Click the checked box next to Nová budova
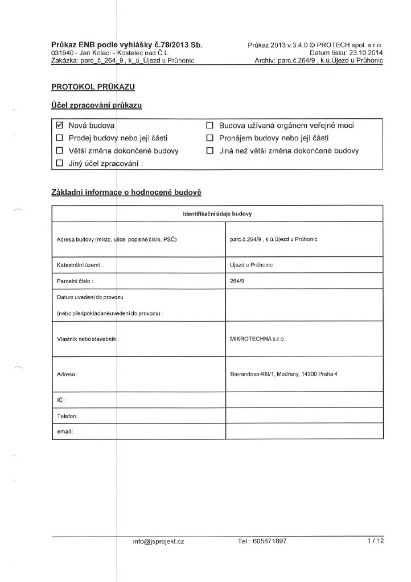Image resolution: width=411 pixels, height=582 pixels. (x=59, y=125)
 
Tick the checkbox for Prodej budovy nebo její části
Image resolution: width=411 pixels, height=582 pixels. (x=59, y=138)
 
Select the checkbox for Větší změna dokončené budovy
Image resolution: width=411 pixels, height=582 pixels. (x=59, y=151)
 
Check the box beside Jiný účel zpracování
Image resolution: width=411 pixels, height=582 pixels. (x=59, y=164)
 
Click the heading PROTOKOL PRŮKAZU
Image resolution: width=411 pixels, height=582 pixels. (x=93, y=87)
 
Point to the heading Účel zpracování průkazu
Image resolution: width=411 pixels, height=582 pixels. (x=96, y=106)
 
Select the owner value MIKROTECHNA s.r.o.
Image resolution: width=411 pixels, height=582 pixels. (x=257, y=338)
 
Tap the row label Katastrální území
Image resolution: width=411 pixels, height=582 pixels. (x=80, y=265)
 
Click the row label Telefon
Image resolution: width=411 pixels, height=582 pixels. (x=68, y=416)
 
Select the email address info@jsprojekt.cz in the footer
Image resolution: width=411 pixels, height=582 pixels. (x=158, y=542)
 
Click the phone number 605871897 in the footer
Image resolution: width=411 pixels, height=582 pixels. (x=270, y=542)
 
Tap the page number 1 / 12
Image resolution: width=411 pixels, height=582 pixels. (x=376, y=542)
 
